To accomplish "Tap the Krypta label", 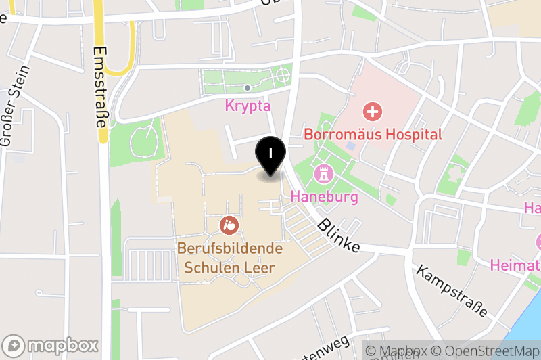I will click(248, 106).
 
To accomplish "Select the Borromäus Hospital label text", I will click(373, 135).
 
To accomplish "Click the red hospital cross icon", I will click(371, 111).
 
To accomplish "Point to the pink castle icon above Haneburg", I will click(325, 174).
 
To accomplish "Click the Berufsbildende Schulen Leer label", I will click(230, 258).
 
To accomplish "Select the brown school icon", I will click(230, 223).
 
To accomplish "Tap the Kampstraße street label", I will click(452, 291).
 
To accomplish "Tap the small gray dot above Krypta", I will click(248, 88).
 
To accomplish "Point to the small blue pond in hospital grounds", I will click(350, 145).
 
